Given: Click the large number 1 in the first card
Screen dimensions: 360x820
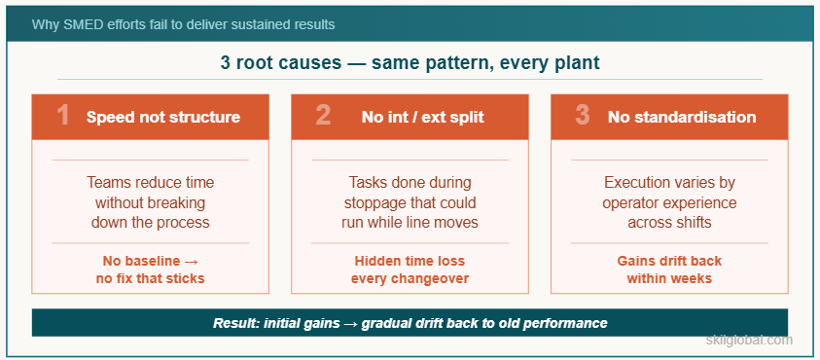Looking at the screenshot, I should (x=63, y=117).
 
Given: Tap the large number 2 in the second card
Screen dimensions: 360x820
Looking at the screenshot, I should (x=323, y=117).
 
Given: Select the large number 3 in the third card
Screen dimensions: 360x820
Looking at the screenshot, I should (x=583, y=117).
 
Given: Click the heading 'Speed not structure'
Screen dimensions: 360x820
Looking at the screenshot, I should (x=162, y=117).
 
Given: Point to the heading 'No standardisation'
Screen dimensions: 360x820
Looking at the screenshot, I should (x=681, y=117).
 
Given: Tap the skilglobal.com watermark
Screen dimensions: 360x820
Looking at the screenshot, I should (x=749, y=341).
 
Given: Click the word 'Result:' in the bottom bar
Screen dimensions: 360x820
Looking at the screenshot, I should (x=235, y=323).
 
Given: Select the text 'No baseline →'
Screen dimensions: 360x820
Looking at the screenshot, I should (x=150, y=261).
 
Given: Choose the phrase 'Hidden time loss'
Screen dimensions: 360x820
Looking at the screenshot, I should (x=410, y=261).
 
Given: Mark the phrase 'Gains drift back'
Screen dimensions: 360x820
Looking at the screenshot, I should (x=669, y=261).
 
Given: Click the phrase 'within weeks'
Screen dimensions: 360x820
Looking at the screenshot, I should (x=669, y=278).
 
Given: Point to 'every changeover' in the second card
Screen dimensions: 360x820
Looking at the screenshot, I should (x=410, y=278).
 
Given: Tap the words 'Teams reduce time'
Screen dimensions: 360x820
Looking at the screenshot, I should (x=150, y=183).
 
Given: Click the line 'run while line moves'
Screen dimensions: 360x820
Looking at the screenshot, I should (x=410, y=222).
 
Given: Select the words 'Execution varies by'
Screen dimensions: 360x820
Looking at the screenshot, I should (x=669, y=183).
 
